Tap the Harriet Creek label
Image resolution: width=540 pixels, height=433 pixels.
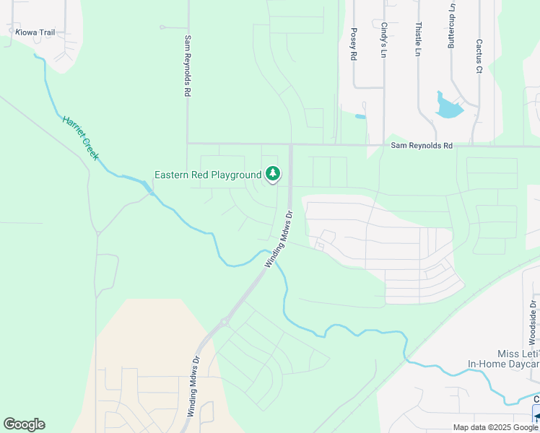tap(81, 138)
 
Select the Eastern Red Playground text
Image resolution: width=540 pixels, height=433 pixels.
tap(208, 175)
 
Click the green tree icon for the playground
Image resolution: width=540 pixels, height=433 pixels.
tap(273, 173)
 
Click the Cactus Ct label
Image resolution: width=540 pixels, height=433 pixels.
tap(479, 56)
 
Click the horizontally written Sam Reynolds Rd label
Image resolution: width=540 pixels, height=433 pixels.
tap(422, 146)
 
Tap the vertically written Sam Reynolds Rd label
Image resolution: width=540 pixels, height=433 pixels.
tap(187, 66)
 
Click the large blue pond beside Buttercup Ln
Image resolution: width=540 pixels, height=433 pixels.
tap(448, 107)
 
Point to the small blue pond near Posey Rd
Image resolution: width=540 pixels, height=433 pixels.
tap(360, 116)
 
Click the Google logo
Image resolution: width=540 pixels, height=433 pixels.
tap(24, 424)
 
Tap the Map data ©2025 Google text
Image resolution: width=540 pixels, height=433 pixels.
tap(496, 427)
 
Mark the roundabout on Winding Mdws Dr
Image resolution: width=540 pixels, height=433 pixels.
tap(225, 322)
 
